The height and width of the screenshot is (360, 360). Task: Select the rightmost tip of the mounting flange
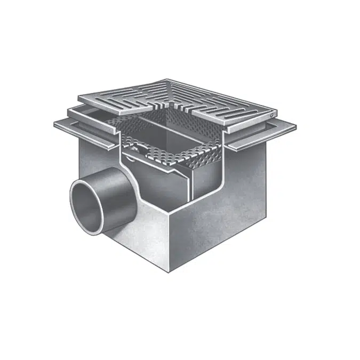[x=295, y=126]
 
